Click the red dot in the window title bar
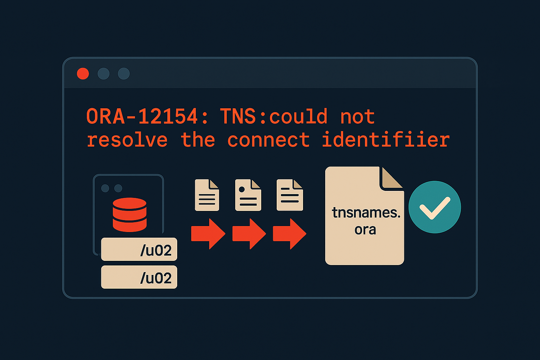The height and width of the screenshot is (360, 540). (83, 74)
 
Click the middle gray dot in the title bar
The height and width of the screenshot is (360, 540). (103, 74)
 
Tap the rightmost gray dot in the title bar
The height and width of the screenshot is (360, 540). (124, 74)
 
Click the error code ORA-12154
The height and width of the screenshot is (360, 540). (142, 116)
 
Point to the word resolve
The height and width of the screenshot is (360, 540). (127, 140)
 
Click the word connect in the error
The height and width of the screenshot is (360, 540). (268, 140)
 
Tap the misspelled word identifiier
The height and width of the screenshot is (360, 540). (386, 140)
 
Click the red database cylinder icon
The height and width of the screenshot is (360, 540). (130, 214)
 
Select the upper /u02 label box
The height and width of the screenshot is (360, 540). (139, 250)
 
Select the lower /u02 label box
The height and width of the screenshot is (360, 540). (139, 277)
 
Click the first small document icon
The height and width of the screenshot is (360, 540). (207, 195)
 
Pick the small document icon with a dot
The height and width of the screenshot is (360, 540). (248, 195)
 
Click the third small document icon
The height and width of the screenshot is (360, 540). (290, 195)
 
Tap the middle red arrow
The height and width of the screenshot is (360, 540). (249, 234)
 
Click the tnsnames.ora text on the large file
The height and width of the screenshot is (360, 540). (366, 221)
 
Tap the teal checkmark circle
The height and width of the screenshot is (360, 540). (435, 207)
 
